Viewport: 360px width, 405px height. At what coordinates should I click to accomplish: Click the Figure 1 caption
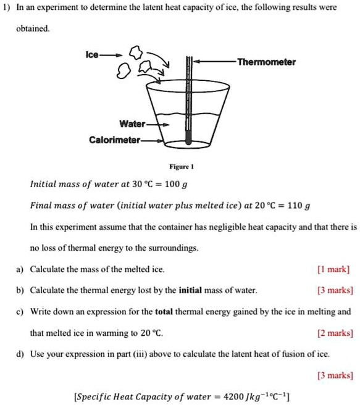pos(181,166)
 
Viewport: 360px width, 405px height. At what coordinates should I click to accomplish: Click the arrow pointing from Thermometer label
pos(214,62)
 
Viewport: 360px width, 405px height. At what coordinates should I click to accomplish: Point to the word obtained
pos(31,29)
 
